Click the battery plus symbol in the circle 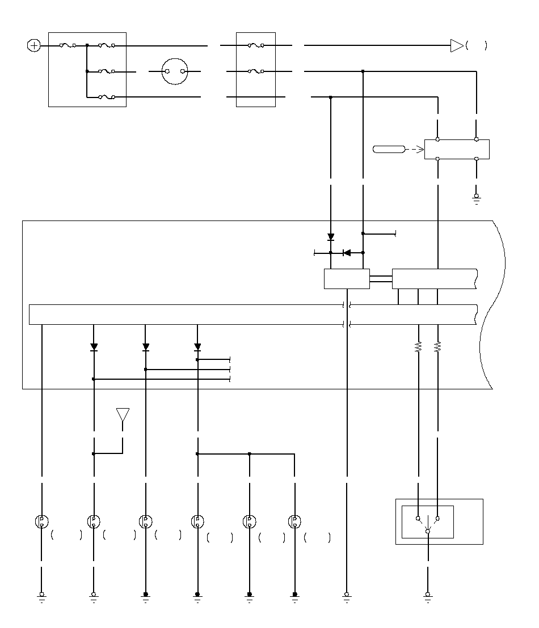pyautogui.click(x=34, y=45)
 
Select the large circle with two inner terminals pyautogui.click(x=174, y=71)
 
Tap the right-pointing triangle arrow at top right pyautogui.click(x=457, y=46)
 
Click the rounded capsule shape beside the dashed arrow pyautogui.click(x=389, y=150)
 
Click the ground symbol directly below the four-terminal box pyautogui.click(x=476, y=198)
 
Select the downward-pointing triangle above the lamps pyautogui.click(x=123, y=415)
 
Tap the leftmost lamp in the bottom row pyautogui.click(x=42, y=521)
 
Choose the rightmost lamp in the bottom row pyautogui.click(x=294, y=521)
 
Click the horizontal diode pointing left pyautogui.click(x=347, y=253)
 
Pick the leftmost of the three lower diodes pyautogui.click(x=94, y=347)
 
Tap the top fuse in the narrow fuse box pyautogui.click(x=256, y=45)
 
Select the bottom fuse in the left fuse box pyautogui.click(x=107, y=97)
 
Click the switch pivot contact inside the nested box pyautogui.click(x=427, y=531)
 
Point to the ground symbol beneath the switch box pyautogui.click(x=427, y=596)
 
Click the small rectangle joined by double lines pyautogui.click(x=347, y=279)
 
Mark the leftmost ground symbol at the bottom pyautogui.click(x=42, y=596)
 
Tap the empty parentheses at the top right pyautogui.click(x=476, y=46)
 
